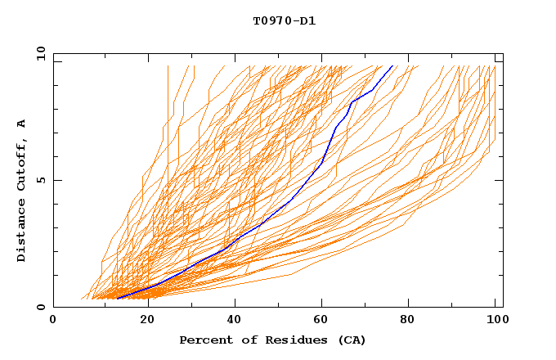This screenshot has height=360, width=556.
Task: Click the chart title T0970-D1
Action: pos(284,21)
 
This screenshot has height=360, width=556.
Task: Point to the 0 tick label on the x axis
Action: pos(53,320)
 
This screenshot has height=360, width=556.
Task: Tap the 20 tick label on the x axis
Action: pos(142,320)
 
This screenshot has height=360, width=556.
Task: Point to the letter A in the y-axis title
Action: pos(22,124)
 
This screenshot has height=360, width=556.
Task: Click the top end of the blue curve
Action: pos(392,65)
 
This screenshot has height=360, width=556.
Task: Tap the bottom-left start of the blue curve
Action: pos(117,299)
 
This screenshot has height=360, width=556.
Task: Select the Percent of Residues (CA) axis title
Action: pos(272,340)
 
